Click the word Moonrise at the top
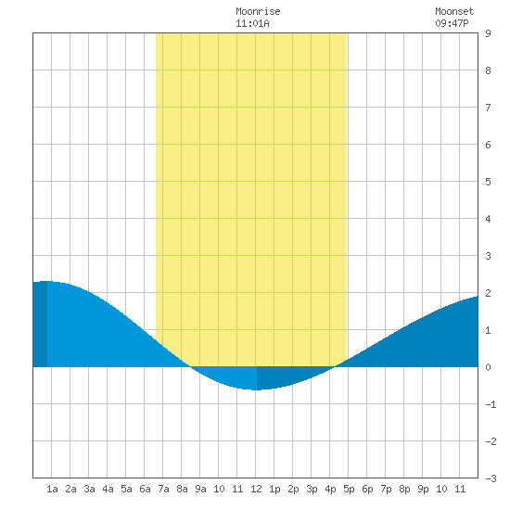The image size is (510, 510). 258,11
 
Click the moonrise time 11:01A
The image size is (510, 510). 252,23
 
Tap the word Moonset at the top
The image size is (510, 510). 454,11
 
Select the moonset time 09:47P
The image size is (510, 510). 452,23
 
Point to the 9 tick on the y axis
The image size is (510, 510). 488,33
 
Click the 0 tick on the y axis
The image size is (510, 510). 488,367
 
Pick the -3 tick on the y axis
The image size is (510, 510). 491,478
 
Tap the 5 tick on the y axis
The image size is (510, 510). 488,182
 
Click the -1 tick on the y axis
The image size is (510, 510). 491,404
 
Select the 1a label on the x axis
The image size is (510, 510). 52,489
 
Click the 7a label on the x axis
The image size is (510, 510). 163,489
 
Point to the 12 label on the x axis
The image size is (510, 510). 256,489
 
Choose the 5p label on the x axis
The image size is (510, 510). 349,489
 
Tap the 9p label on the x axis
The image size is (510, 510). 423,489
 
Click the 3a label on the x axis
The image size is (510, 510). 89,489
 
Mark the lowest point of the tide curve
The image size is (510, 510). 256,389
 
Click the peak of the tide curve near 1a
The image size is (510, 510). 48,281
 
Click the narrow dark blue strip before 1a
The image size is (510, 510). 40,324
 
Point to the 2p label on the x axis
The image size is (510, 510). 293,489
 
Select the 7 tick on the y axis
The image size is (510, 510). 488,108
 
